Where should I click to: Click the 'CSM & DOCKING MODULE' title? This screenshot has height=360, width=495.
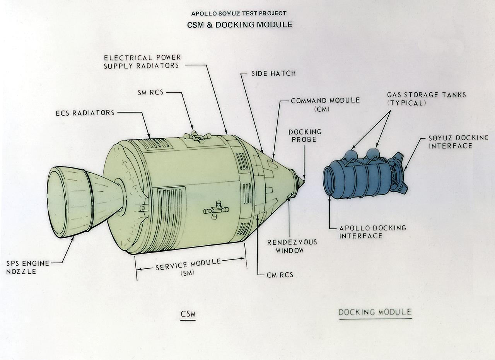239,25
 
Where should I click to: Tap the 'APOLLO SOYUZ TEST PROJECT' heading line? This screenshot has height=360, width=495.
239,14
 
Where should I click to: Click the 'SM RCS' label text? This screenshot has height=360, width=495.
151,93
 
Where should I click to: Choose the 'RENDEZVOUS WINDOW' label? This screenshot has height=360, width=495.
292,246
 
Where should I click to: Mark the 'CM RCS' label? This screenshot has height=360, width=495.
280,275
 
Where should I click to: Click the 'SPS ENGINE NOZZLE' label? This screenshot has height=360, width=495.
27,267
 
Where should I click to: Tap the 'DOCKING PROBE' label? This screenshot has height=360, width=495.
305,135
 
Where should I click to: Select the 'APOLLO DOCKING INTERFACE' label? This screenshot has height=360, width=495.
367,232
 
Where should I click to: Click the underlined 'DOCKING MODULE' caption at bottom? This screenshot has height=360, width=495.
375,312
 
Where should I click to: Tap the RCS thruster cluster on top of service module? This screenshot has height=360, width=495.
197,137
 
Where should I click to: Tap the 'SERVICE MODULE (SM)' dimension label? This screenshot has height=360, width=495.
188,267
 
